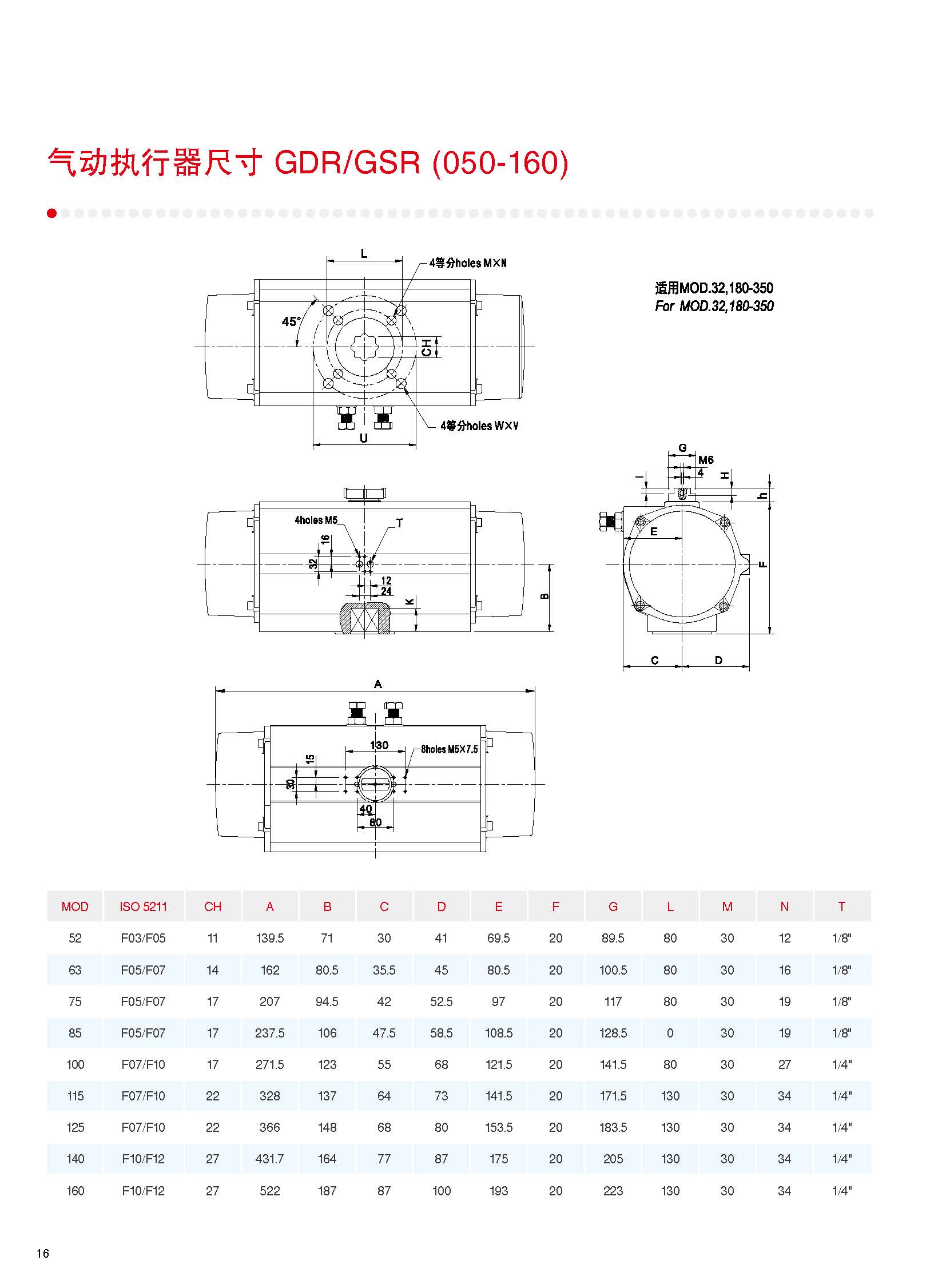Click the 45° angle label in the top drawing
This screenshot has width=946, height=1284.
(291, 322)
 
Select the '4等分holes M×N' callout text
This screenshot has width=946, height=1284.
(468, 263)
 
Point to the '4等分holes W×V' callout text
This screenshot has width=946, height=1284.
(479, 426)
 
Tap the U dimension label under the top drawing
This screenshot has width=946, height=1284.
(364, 438)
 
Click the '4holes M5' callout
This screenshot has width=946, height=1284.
(316, 520)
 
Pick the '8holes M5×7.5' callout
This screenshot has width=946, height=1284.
(450, 749)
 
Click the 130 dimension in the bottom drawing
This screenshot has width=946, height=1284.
(379, 745)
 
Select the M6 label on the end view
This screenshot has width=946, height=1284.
(706, 460)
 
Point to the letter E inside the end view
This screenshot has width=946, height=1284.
(654, 531)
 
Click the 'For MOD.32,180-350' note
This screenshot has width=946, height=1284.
(714, 307)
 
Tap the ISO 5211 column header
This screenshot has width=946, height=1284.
(143, 907)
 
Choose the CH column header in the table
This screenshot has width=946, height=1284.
(212, 907)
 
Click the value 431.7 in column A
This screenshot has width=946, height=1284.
(270, 1159)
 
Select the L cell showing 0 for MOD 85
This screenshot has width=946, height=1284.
(670, 1033)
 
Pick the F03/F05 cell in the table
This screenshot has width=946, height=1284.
(143, 938)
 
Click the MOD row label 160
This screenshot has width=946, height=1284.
(75, 1191)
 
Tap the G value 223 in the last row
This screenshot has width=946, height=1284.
(613, 1191)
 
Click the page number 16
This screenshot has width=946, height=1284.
(43, 1254)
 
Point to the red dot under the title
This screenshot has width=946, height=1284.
(52, 213)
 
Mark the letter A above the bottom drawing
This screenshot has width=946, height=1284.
(378, 684)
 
